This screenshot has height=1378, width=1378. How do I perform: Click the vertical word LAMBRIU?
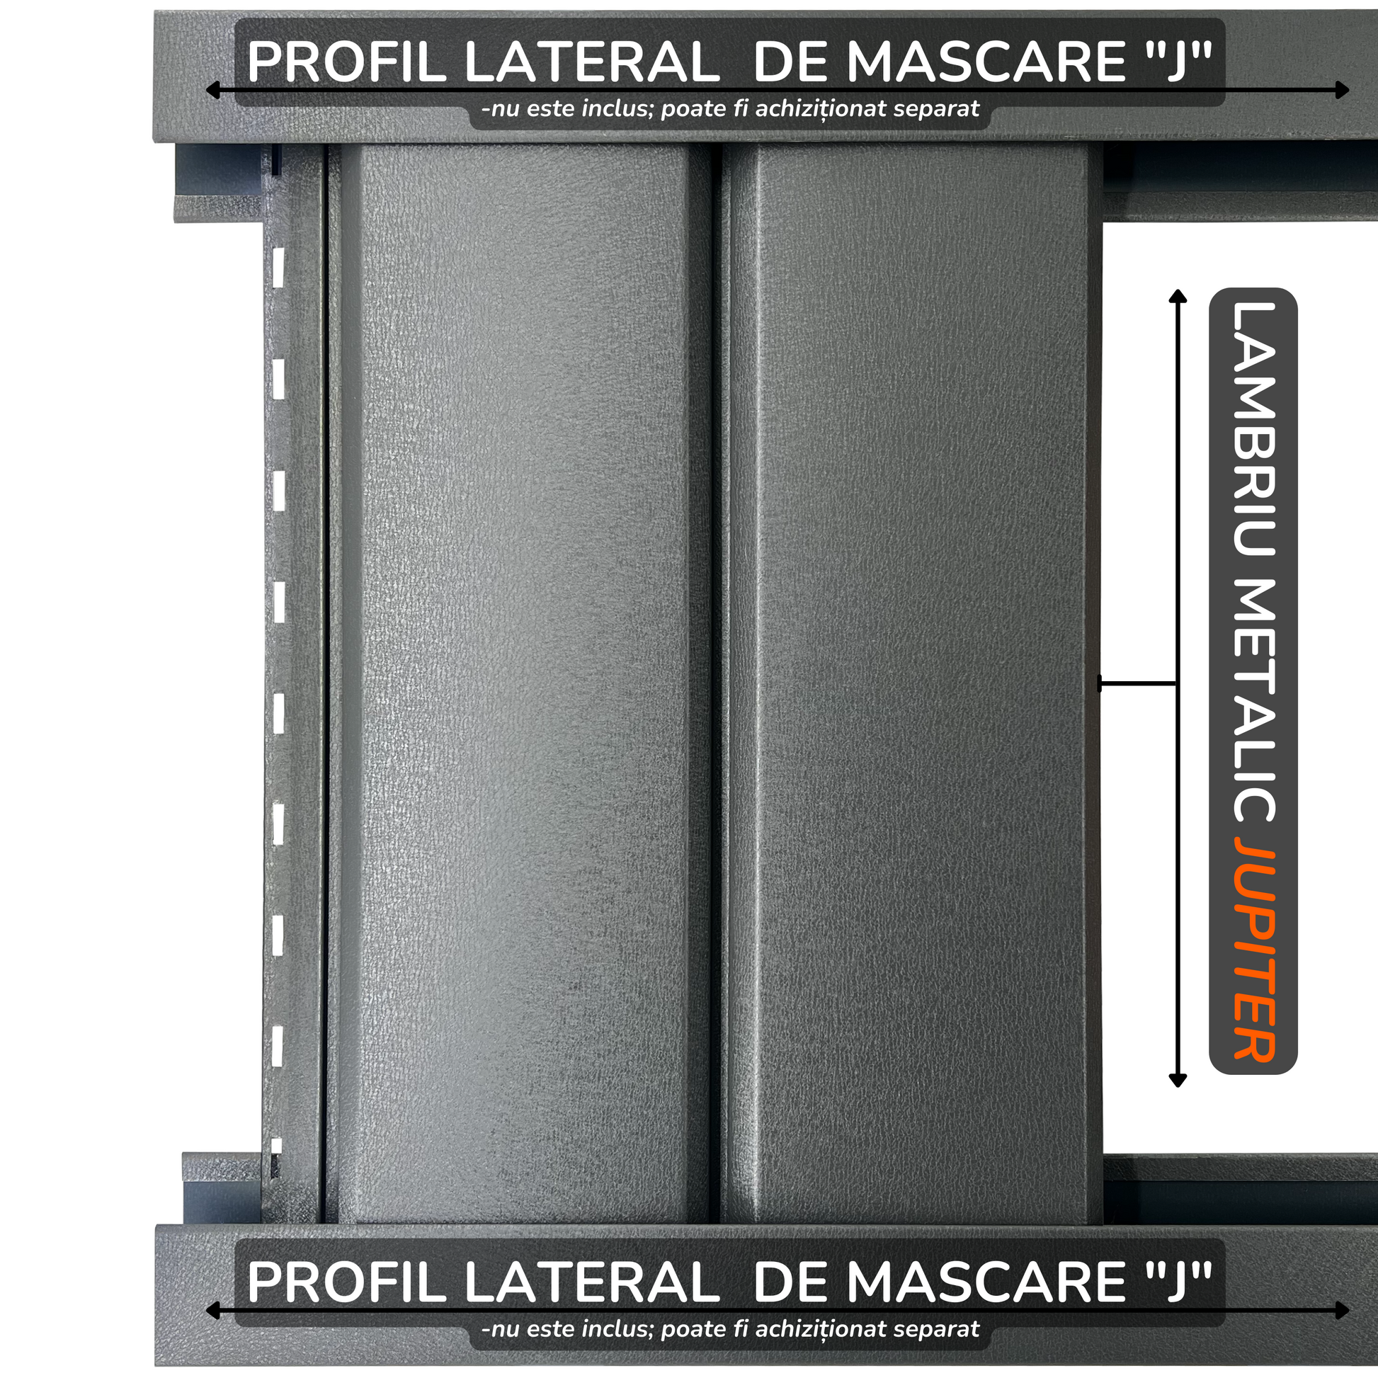(1253, 428)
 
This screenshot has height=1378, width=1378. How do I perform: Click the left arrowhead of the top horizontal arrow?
(212, 90)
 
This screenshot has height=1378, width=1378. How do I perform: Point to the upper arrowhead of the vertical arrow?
(1178, 296)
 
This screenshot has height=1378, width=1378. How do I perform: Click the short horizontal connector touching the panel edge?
(1138, 683)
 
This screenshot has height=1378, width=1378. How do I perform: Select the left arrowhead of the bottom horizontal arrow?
(212, 1310)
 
